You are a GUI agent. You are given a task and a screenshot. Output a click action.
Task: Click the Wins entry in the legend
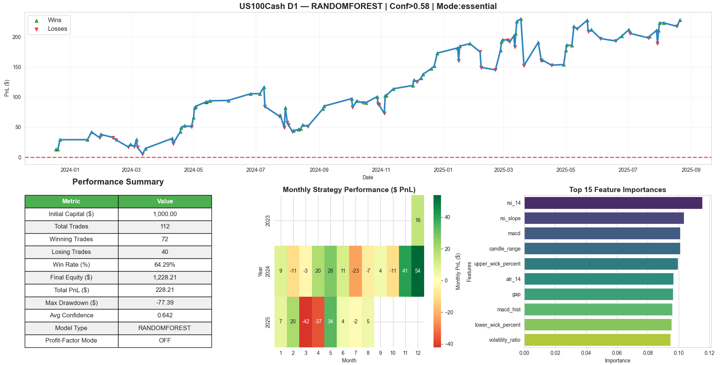tap(54, 20)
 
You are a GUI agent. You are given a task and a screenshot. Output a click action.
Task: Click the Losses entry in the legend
tap(57, 29)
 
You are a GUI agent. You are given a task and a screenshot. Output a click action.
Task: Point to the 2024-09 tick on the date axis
tap(319, 170)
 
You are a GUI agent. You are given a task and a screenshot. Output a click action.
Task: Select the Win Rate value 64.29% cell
tap(165, 265)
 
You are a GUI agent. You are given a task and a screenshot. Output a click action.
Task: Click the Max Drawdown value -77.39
tap(165, 303)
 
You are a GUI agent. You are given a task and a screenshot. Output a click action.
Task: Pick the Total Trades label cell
tap(71, 227)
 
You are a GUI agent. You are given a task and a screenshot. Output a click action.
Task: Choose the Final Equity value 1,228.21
tap(165, 278)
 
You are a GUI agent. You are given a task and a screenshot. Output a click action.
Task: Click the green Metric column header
tap(71, 201)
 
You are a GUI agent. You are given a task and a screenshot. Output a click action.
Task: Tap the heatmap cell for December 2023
tap(418, 220)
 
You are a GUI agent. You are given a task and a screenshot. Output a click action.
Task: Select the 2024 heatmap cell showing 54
tap(418, 271)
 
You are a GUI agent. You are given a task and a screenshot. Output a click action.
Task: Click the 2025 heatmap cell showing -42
tap(306, 321)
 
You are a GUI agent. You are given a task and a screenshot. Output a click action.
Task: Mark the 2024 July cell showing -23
tap(355, 271)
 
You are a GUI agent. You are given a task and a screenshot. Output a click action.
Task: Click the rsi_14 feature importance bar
tap(613, 203)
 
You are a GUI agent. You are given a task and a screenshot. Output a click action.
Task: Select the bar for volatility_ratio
tap(597, 340)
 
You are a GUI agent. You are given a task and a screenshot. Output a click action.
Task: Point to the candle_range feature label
tap(504, 249)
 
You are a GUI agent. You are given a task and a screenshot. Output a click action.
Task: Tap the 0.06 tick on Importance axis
tap(617, 353)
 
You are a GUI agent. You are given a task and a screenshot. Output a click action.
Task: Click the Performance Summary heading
tap(118, 182)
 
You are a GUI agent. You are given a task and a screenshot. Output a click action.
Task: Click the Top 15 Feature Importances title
tap(617, 190)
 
